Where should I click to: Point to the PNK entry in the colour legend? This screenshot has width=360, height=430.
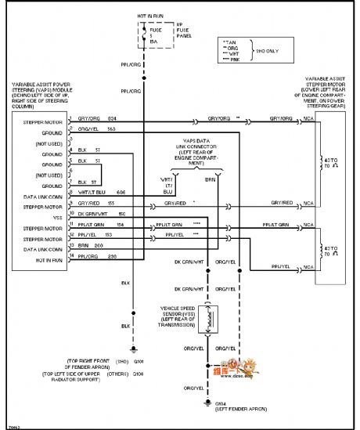pos(232,63)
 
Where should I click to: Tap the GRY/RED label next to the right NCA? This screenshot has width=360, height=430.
pos(282,203)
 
